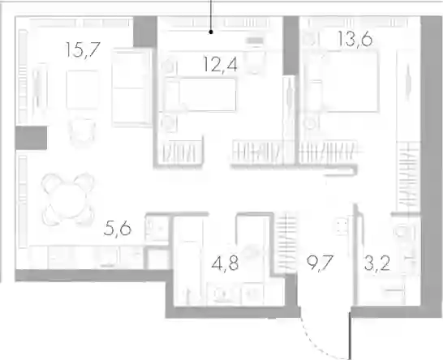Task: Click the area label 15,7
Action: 83,50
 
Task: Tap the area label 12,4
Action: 220,65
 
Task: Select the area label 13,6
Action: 355,39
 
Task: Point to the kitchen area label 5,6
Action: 118,229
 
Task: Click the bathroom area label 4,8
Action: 225,264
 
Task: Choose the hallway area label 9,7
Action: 320,264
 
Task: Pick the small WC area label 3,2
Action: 377,264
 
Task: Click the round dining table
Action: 68,199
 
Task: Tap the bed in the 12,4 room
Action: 201,95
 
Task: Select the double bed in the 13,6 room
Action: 344,81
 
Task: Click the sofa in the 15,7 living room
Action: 131,87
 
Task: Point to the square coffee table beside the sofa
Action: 83,89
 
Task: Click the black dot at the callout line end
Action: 211,32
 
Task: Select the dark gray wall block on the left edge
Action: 31,138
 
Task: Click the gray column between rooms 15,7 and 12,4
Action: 145,32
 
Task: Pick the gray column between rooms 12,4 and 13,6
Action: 291,45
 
